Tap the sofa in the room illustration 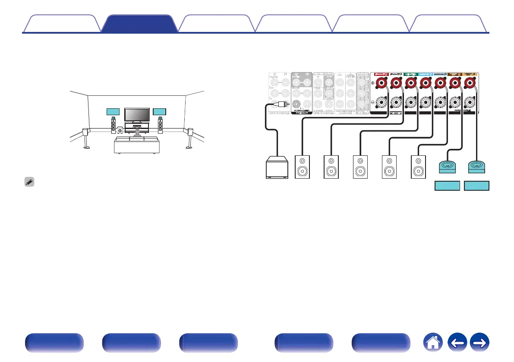(x=136, y=145)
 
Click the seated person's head (x=137, y=131)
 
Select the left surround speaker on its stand (x=86, y=138)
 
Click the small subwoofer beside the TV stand (x=119, y=129)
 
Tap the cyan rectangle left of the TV (x=113, y=112)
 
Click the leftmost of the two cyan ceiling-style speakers (x=447, y=167)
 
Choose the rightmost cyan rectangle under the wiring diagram (x=476, y=186)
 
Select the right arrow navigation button (x=479, y=344)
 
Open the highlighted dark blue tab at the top (x=139, y=24)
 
